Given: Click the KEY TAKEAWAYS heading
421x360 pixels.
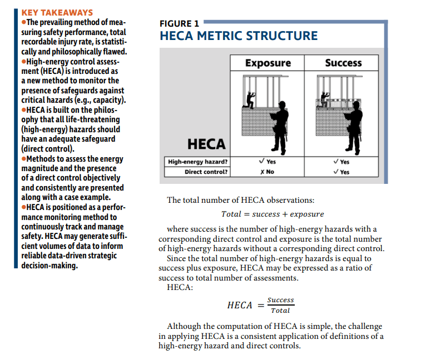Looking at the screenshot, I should click(x=56, y=12).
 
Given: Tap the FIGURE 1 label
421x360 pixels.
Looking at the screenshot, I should click(x=179, y=23).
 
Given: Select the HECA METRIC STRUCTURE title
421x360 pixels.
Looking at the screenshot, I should click(x=239, y=36).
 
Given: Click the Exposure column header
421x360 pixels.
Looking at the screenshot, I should click(x=268, y=63).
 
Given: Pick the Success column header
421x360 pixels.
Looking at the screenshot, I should click(x=343, y=63).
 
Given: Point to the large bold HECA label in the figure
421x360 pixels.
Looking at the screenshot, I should click(x=206, y=144).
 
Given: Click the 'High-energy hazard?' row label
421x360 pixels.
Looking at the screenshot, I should click(x=198, y=162).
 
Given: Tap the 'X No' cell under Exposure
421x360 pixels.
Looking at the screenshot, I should click(x=267, y=172).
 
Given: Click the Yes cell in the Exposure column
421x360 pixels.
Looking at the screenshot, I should click(x=268, y=162).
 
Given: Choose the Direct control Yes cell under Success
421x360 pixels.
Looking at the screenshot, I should click(x=341, y=172).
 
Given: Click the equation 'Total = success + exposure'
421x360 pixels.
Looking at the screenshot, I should click(x=272, y=214).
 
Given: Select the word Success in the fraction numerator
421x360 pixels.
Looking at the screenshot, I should click(x=280, y=301).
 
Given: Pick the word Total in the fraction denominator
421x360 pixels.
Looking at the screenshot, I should click(x=280, y=311).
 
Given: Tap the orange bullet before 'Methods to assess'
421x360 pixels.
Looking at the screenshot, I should click(x=24, y=159).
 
